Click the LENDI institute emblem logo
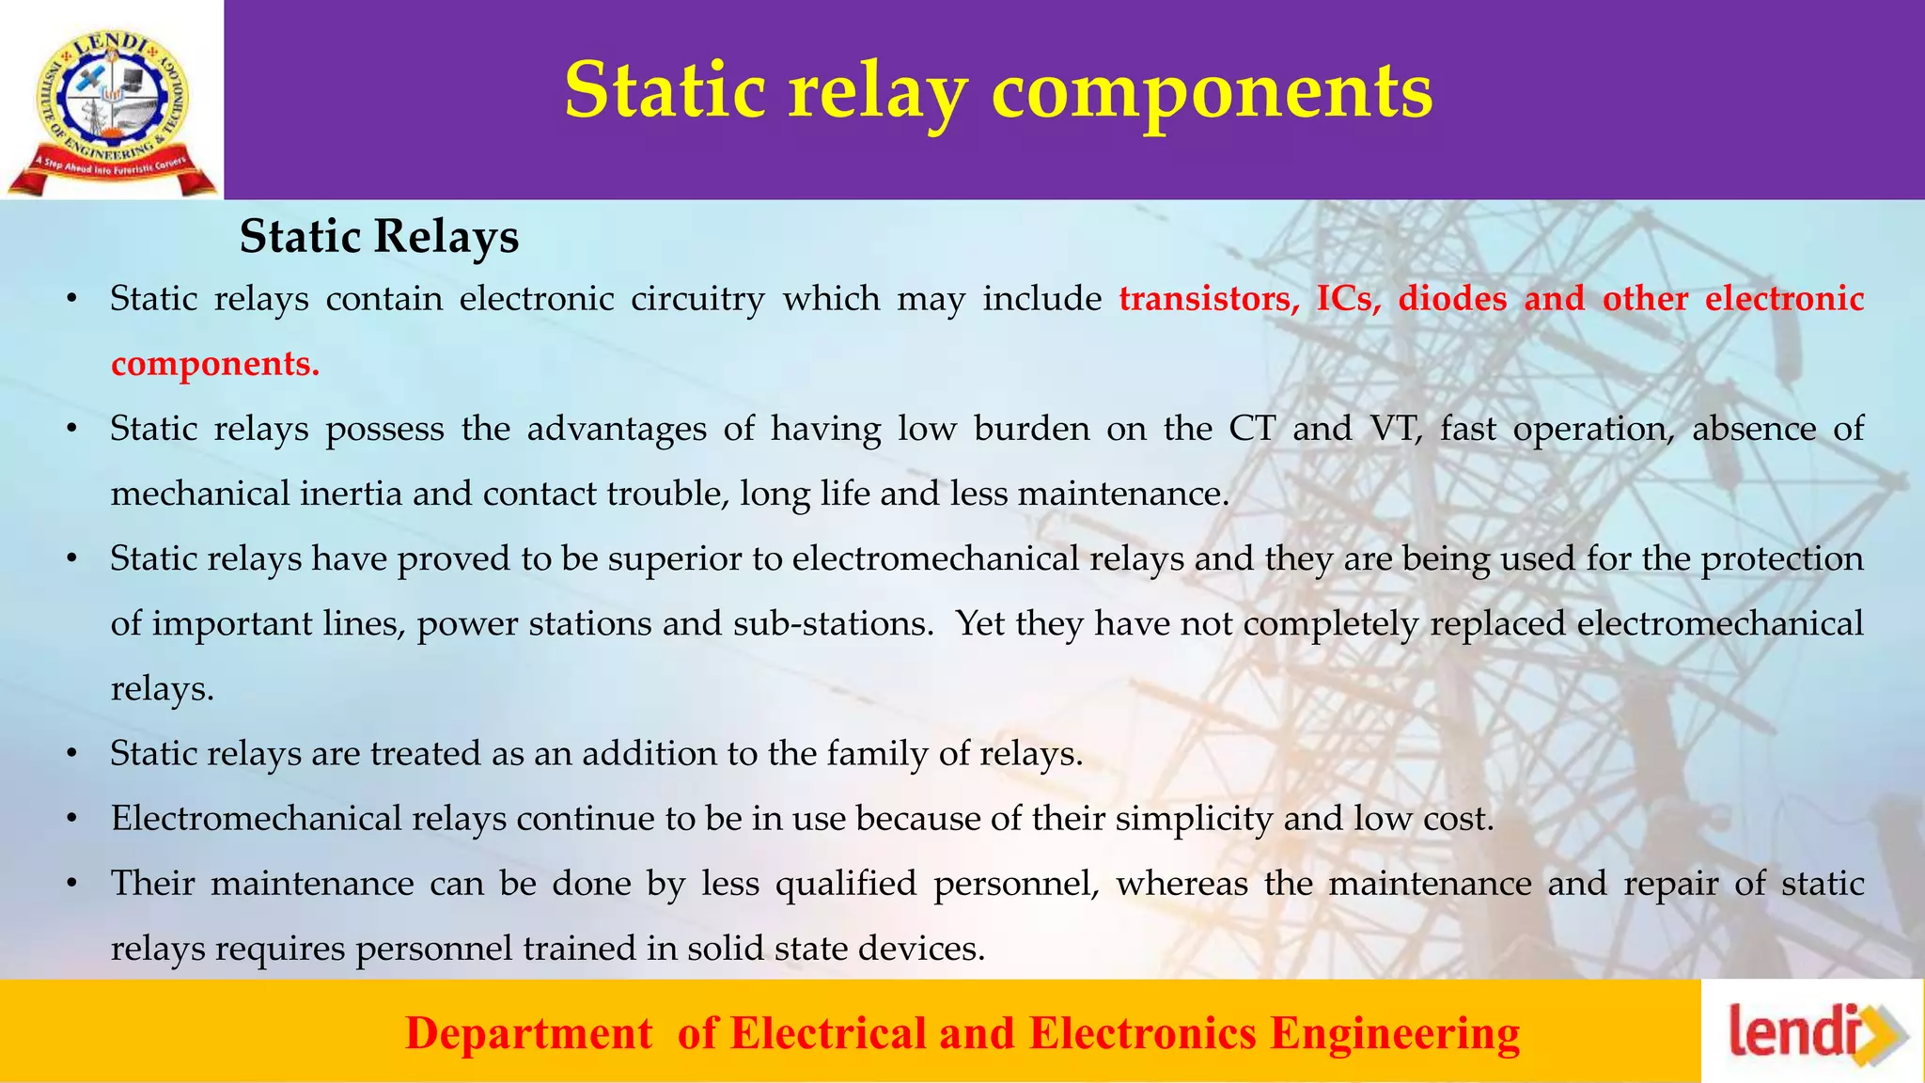tap(111, 102)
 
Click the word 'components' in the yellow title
tap(1212, 92)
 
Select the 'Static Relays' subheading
tap(379, 236)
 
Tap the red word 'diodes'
tap(1452, 299)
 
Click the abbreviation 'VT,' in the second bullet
tap(1396, 429)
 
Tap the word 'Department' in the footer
tap(528, 1033)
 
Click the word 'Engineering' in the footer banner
tap(1395, 1033)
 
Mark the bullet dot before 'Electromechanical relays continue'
tap(70, 820)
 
